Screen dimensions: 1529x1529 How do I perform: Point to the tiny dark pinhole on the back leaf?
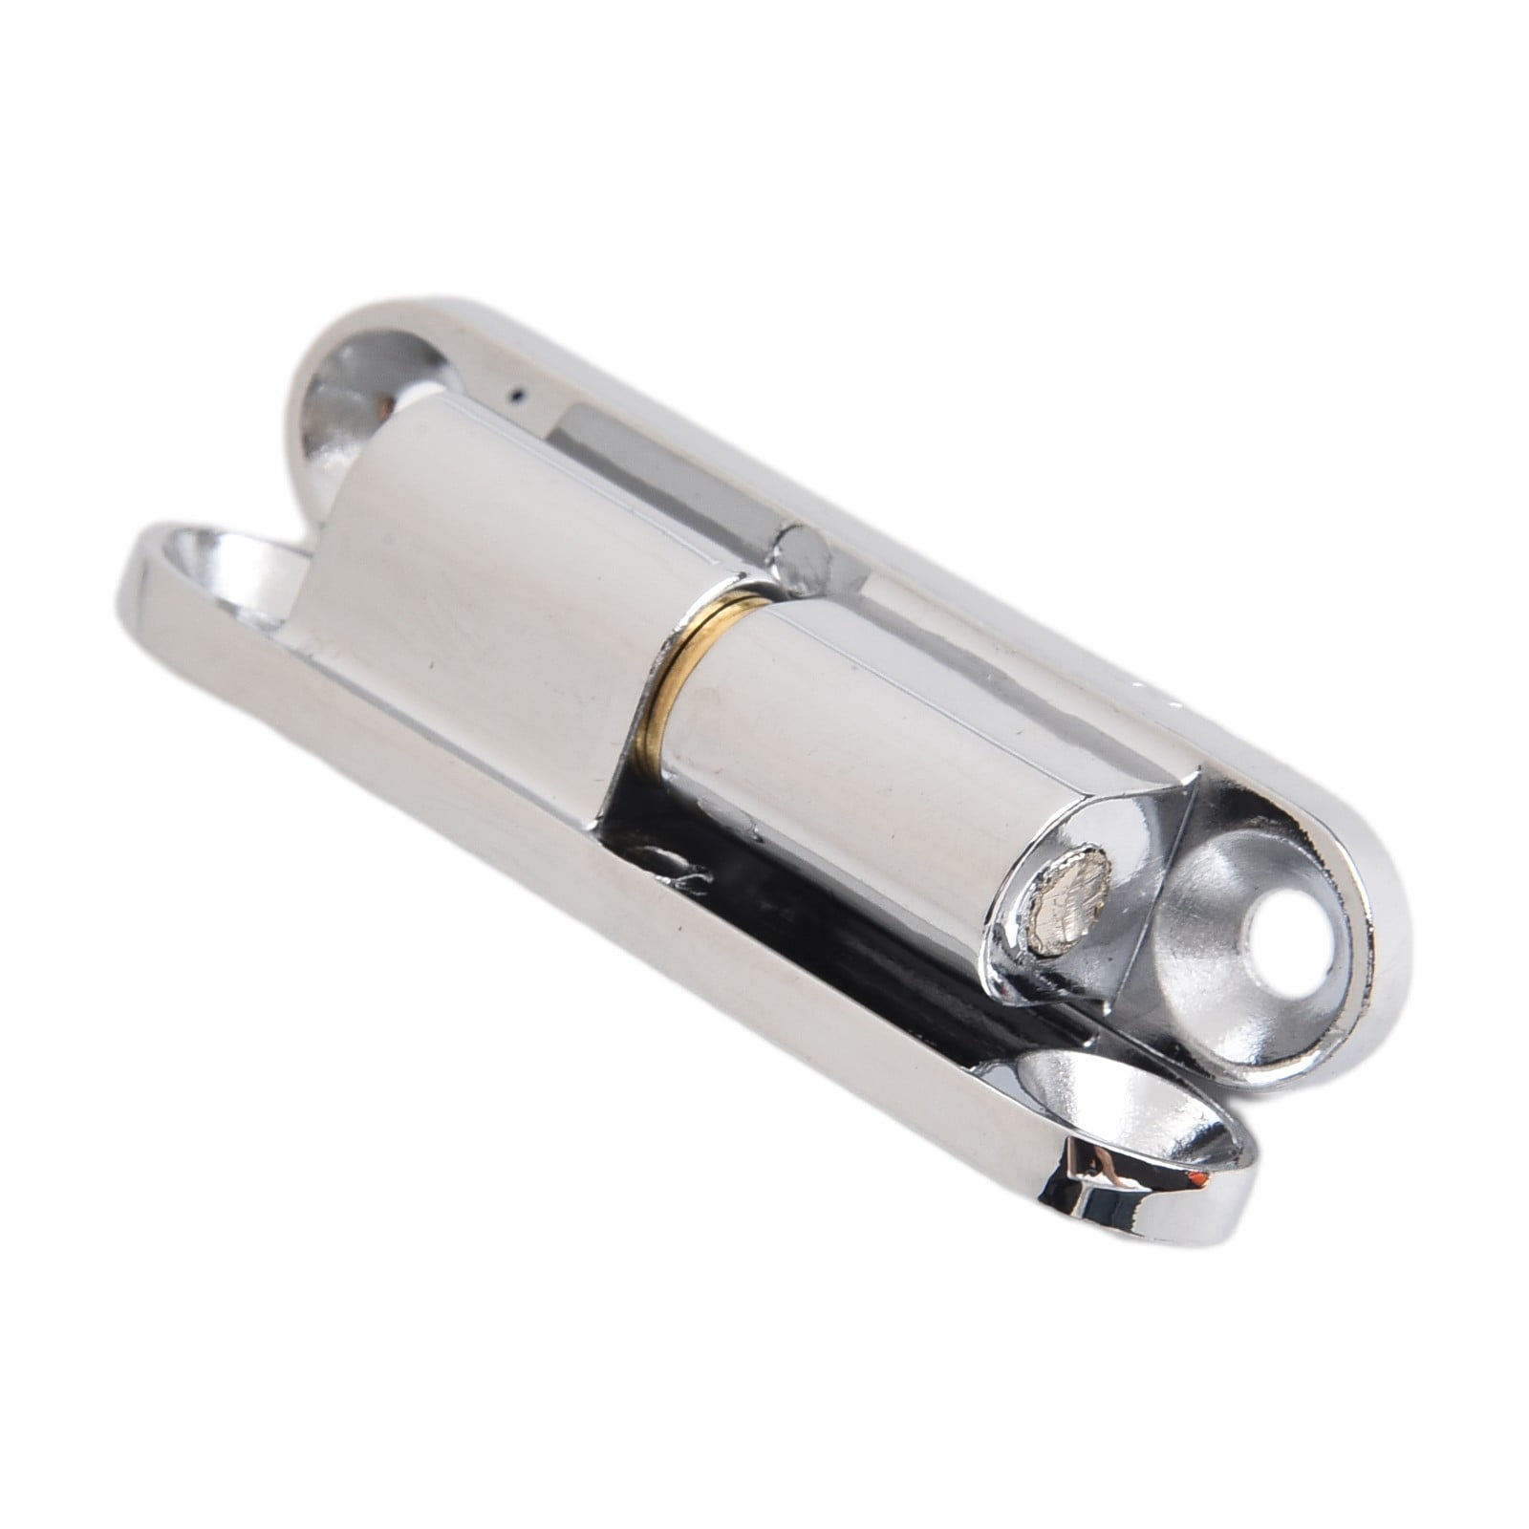(x=516, y=392)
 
